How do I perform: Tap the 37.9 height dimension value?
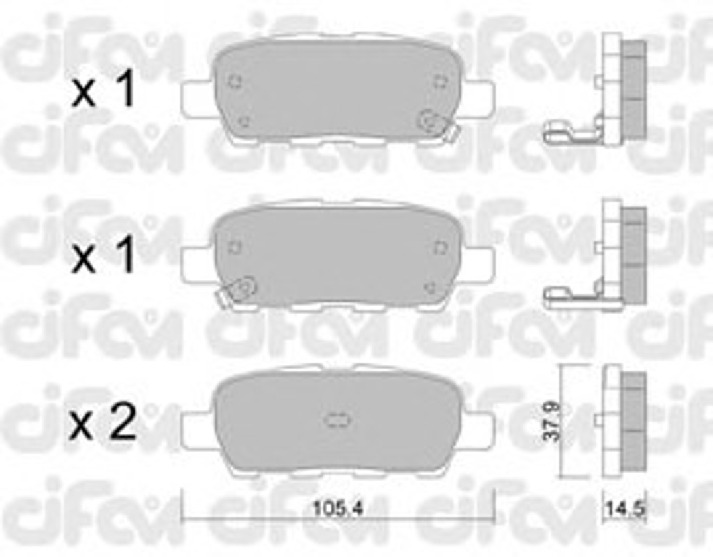[551, 421]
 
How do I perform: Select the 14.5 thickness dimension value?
[624, 509]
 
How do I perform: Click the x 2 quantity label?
[103, 423]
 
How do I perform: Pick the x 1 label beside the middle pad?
[103, 255]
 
